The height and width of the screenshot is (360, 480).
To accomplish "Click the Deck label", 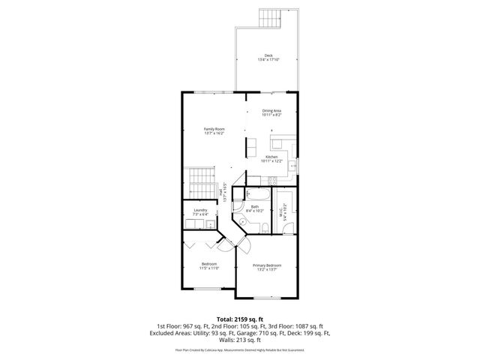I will pos(268,55).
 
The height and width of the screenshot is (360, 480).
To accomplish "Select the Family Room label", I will pos(214,129).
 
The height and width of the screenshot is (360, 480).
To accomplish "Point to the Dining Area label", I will pos(271,111).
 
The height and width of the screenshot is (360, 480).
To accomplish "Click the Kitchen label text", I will pos(271,157).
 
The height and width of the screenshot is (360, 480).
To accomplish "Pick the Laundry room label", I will pos(199,211).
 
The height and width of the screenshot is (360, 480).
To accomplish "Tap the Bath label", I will pos(255,207).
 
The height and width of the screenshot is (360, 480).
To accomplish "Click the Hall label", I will pos(221,193).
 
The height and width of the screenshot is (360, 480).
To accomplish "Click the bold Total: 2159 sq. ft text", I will pos(239,319).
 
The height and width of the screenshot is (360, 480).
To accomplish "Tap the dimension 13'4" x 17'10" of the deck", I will pos(268,60).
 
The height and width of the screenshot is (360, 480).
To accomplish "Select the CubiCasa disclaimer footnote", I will pos(240,349).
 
